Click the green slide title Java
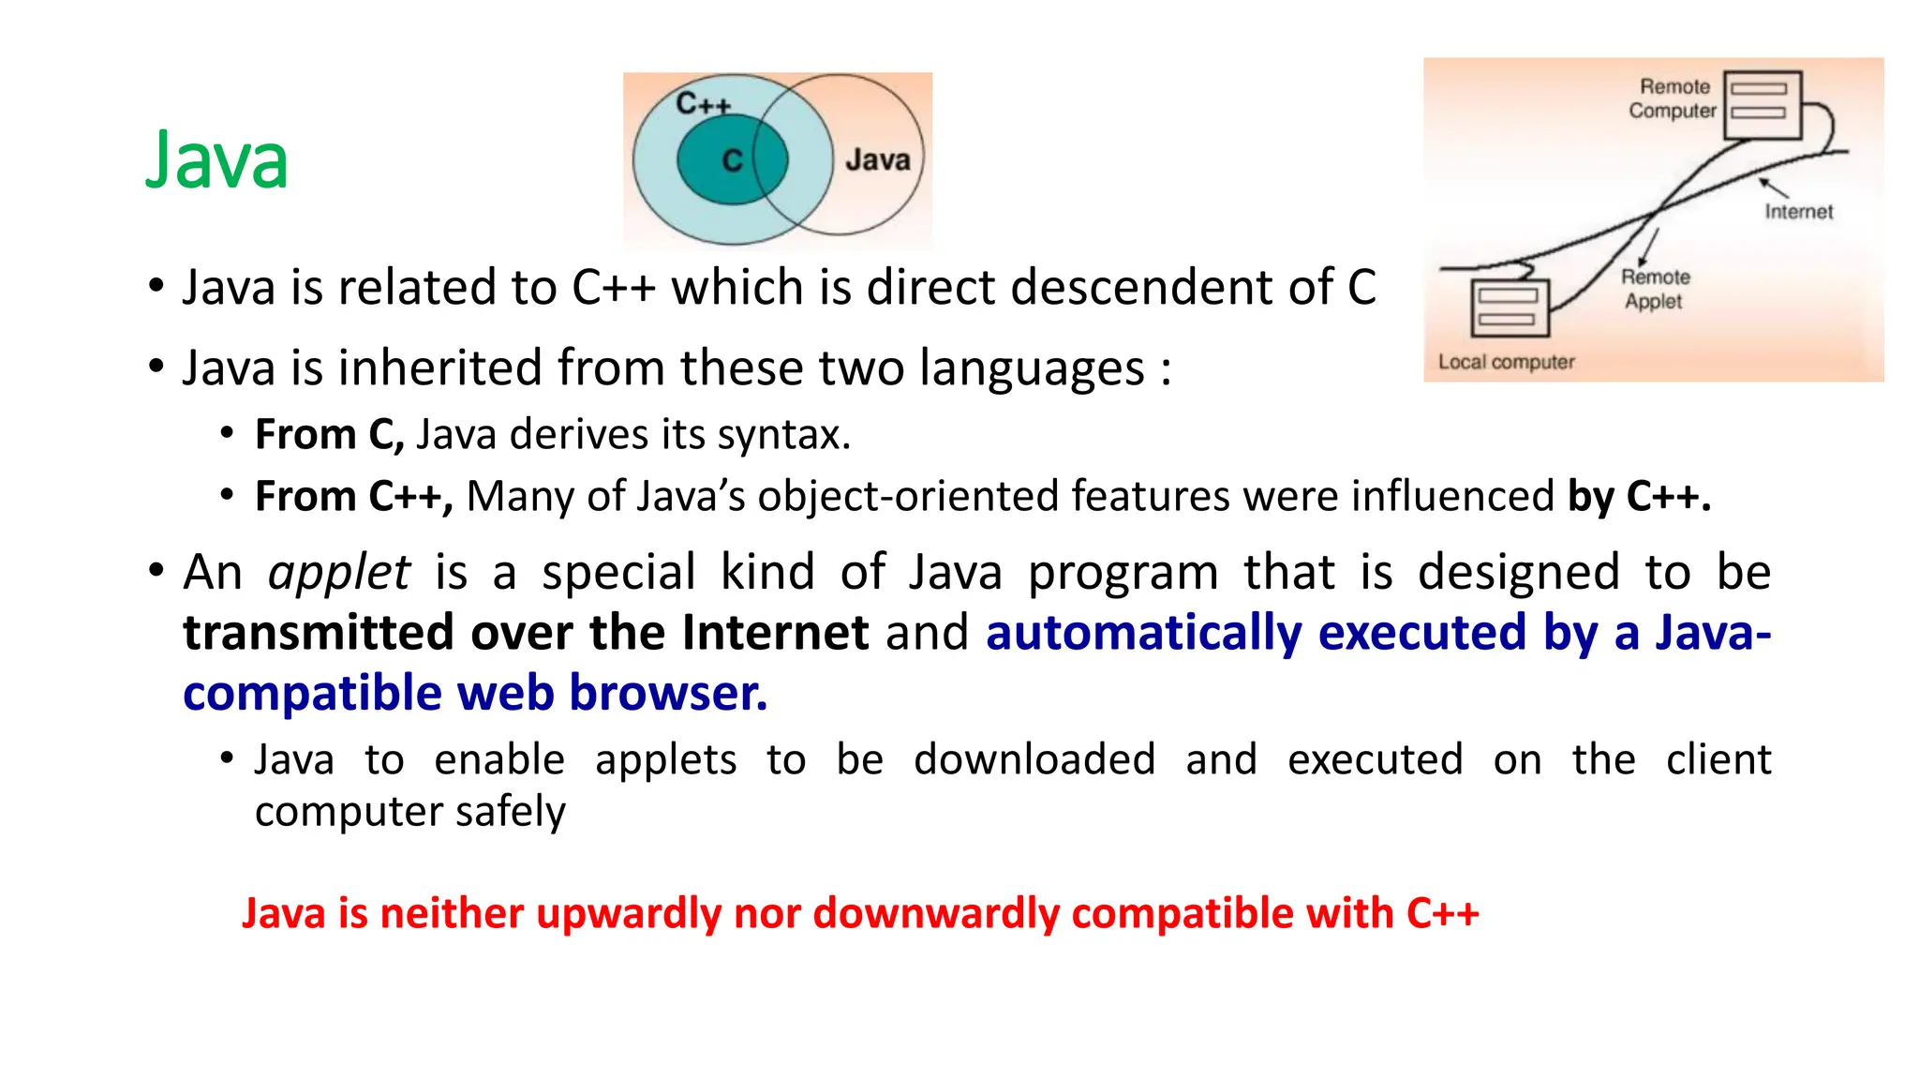[x=216, y=160]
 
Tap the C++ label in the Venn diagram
[x=703, y=104]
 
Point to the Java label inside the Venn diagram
[x=877, y=160]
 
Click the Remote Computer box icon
[x=1762, y=104]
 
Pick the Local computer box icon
[x=1510, y=308]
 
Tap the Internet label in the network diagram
[x=1798, y=212]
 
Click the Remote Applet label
[x=1655, y=289]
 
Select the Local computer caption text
[x=1506, y=362]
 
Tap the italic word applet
[x=339, y=572]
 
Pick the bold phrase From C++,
[x=354, y=496]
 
